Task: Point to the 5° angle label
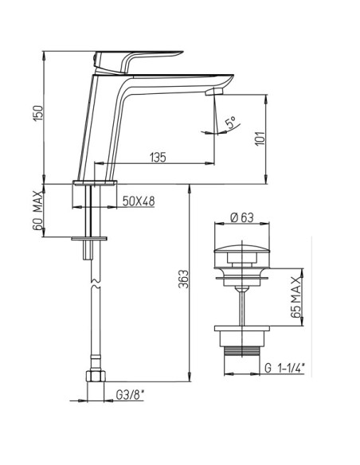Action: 230,124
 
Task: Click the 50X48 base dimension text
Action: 139,200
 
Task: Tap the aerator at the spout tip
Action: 212,92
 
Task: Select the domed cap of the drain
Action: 241,253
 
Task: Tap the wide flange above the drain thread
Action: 241,329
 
